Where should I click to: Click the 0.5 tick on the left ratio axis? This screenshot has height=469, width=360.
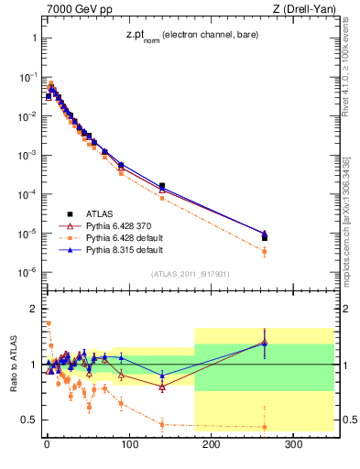30,420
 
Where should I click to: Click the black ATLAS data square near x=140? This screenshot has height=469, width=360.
162,186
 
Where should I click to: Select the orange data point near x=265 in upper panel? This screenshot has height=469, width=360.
265,251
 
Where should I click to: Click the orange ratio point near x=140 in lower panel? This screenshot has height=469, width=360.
162,424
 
